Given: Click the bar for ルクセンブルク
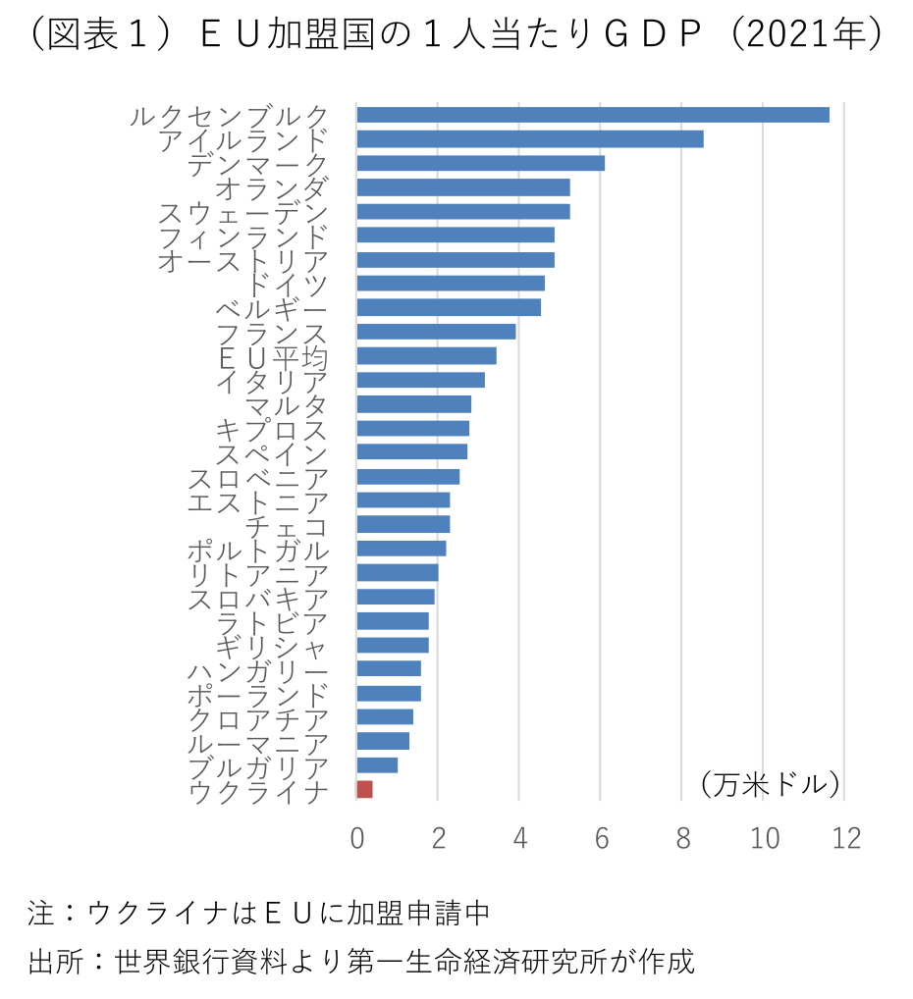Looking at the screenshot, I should click(592, 115).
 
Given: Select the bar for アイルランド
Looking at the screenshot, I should click(529, 139).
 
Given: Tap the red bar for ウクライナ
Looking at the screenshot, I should click(364, 789).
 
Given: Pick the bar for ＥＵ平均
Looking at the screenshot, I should click(426, 355).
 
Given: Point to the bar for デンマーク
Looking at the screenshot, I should click(480, 163).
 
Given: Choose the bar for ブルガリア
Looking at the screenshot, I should click(377, 764).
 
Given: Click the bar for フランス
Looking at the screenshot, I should click(436, 332).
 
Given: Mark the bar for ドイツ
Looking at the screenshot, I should click(450, 284).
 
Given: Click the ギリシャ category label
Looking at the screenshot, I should click(272, 646).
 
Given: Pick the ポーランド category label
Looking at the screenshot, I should click(257, 694).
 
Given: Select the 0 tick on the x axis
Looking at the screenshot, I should click(356, 838).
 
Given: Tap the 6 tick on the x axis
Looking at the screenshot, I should click(601, 838).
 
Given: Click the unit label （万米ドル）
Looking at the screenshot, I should click(770, 784).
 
